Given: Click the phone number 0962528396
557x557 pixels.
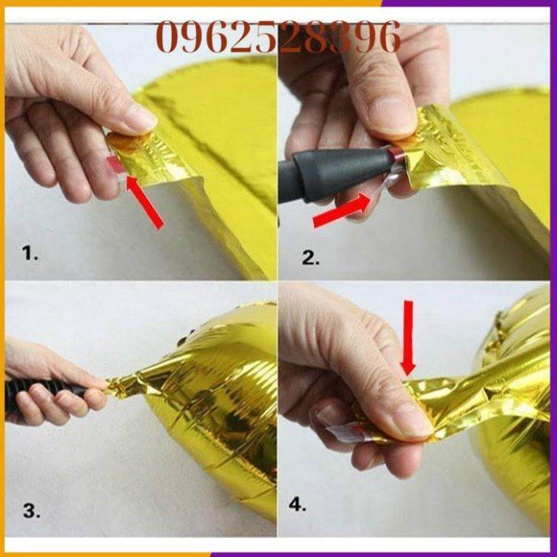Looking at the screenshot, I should point(278,37).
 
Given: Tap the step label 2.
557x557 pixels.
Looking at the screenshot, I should point(309,257).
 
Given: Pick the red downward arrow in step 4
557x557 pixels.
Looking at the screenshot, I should point(409,336).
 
